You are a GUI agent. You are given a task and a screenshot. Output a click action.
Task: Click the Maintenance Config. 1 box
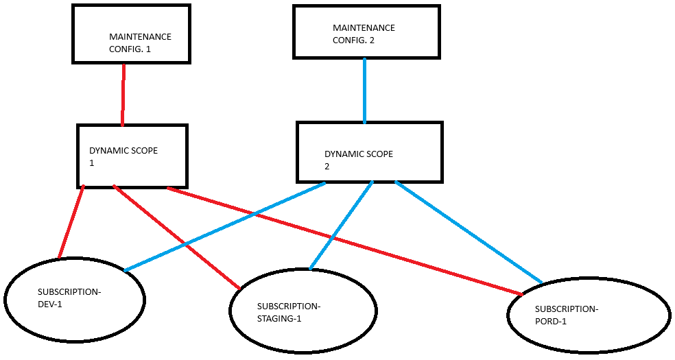coord(130,34)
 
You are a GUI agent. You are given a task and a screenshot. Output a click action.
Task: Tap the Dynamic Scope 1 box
coord(132,156)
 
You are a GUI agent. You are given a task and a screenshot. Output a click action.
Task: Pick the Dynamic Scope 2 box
coord(369,152)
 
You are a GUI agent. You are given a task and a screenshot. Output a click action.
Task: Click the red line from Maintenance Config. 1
coord(123,95)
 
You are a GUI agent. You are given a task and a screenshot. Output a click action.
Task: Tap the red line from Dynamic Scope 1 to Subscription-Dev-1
coord(71,222)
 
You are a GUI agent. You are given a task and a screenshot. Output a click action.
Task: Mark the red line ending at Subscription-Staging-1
coord(176,237)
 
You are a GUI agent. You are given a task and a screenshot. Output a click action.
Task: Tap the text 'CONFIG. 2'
coord(353,40)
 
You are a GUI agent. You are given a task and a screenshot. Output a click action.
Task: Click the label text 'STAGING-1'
coord(279,319)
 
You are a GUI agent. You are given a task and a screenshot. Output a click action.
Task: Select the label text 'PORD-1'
coord(550,322)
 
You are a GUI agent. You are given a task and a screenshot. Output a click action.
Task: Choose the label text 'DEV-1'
coord(50,304)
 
